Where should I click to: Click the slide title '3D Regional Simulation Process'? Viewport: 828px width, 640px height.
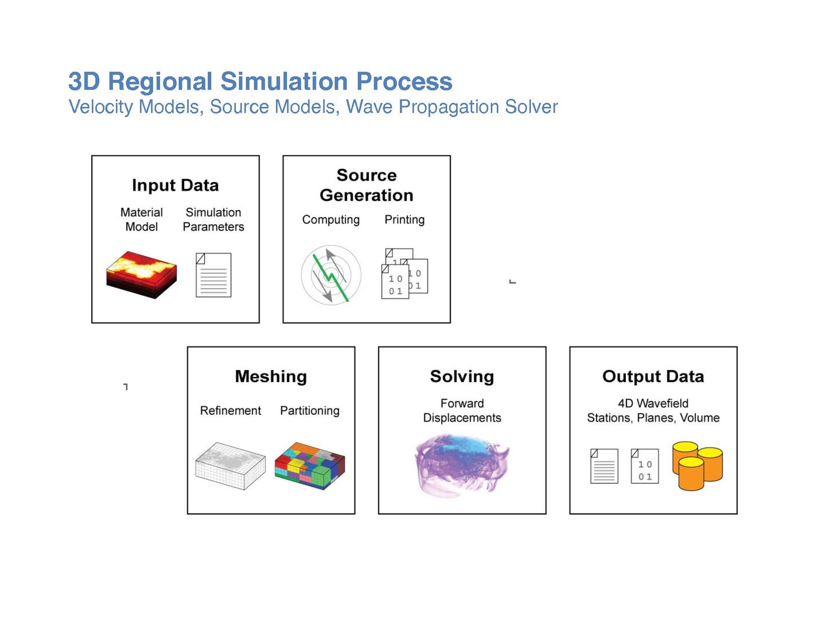(x=260, y=82)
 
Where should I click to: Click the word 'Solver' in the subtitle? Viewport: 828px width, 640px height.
(x=531, y=107)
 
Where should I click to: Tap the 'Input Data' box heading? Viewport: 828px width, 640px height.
(x=176, y=185)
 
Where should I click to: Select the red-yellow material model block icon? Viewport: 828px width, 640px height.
(x=141, y=274)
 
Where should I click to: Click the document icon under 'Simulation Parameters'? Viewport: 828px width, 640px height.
(x=213, y=275)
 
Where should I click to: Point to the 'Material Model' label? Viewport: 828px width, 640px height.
(x=141, y=219)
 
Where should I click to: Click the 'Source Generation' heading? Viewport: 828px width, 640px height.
(x=367, y=185)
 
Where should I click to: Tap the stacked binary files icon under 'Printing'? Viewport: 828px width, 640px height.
(x=404, y=274)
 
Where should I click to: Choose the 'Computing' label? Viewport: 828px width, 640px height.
(x=331, y=219)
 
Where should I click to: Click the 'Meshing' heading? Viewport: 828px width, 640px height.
(x=271, y=376)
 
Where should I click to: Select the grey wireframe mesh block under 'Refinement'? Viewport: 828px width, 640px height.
(x=230, y=465)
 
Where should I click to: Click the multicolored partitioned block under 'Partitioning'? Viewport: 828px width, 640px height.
(x=310, y=465)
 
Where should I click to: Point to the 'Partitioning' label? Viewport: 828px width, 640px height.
(x=310, y=410)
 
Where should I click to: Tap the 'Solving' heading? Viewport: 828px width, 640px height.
(x=462, y=376)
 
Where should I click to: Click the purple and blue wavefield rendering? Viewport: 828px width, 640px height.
(x=461, y=464)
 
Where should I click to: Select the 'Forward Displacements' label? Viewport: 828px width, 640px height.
(x=462, y=410)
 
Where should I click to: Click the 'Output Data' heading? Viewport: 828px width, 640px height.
(x=653, y=376)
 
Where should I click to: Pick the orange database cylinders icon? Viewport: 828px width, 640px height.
(x=697, y=465)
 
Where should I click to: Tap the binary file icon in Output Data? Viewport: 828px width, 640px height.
(x=644, y=466)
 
